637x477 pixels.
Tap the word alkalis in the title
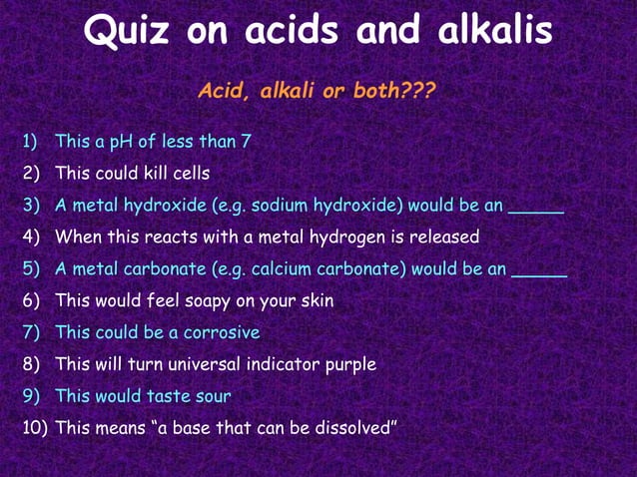[495, 31]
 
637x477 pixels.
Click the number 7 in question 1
[246, 142]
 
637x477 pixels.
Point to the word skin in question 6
[316, 300]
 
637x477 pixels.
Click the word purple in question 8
[348, 364]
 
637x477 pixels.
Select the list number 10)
[36, 428]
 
